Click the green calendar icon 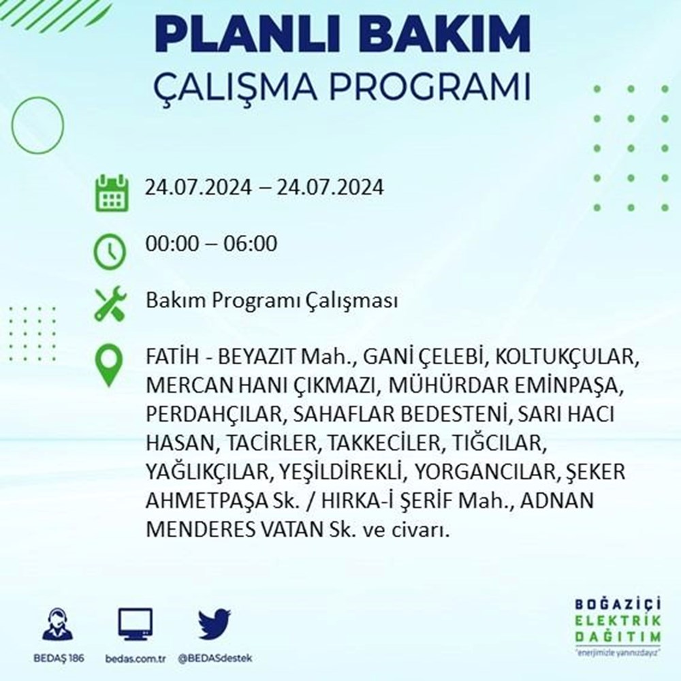coord(112,193)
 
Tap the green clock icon coord(110,252)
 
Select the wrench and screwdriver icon coord(110,304)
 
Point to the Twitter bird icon coord(214,624)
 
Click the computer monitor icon coord(135,624)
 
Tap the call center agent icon coord(58,624)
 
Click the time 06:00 coord(250,243)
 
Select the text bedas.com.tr coord(136,659)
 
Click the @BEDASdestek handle coord(215,659)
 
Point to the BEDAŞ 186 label coord(59,658)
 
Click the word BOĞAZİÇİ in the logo coord(618,604)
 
